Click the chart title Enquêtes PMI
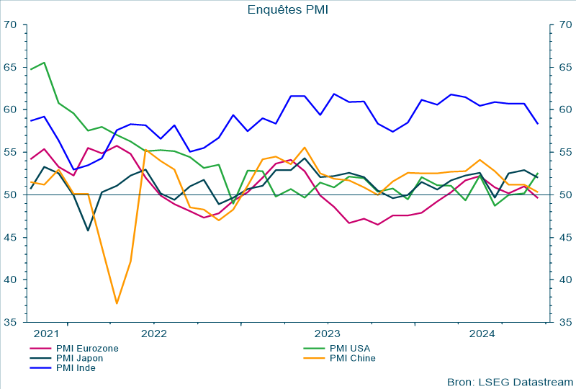tap(288, 9)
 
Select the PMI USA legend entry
tap(348, 348)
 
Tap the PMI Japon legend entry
tap(79, 358)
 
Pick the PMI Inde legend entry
tap(76, 368)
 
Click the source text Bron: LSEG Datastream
tap(510, 381)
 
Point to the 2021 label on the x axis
tap(45, 334)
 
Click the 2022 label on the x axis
tap(154, 334)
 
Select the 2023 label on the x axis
tap(328, 334)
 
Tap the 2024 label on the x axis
tap(481, 334)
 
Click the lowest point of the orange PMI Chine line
tap(117, 303)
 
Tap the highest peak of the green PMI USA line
tap(45, 63)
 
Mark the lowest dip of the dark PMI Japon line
tap(88, 231)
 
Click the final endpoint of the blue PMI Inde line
tap(538, 124)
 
